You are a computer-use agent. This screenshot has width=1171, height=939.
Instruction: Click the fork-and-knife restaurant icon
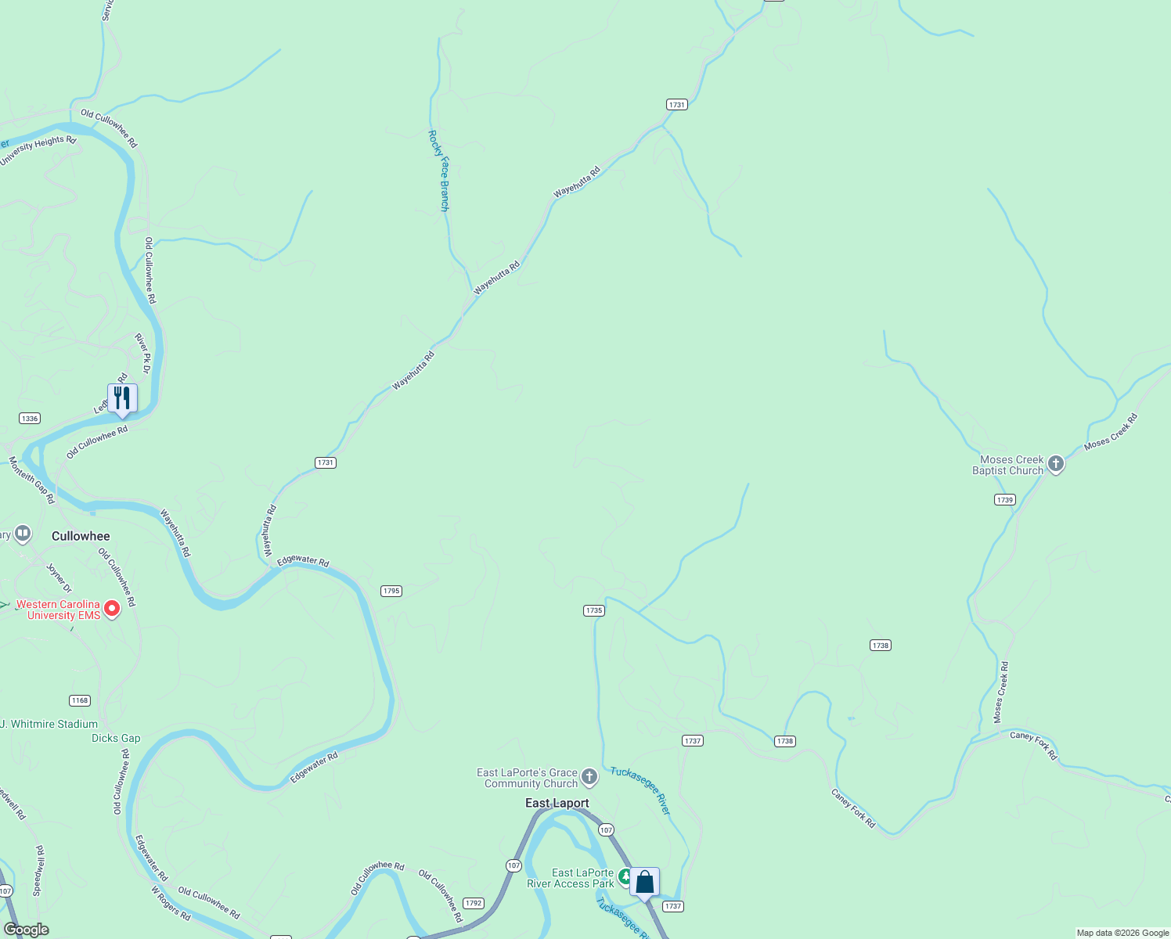point(122,398)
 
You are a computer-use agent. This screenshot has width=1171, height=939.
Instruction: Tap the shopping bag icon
point(644,883)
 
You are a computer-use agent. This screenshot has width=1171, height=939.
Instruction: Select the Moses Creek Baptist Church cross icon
point(1055,465)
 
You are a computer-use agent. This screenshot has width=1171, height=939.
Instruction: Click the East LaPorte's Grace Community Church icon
point(589,778)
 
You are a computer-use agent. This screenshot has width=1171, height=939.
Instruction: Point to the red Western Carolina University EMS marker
point(112,609)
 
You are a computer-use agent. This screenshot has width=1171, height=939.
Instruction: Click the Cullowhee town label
point(81,536)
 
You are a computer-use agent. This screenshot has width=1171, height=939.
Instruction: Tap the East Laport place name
point(557,803)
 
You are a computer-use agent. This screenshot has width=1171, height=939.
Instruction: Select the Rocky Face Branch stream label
point(438,171)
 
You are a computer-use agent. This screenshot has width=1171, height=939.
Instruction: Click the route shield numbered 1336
point(30,419)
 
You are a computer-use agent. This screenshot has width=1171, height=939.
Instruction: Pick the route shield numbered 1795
point(391,591)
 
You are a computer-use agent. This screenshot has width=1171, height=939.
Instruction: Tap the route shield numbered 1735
point(594,610)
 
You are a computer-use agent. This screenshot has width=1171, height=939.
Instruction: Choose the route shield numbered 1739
point(1005,499)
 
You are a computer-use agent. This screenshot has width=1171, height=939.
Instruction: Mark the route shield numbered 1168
point(80,700)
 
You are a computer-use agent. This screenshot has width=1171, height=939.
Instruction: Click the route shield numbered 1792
point(474,903)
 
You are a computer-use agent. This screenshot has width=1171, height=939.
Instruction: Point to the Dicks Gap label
point(116,738)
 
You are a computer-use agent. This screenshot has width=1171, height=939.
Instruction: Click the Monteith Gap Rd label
point(31,480)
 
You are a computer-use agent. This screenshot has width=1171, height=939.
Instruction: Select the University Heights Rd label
point(38,150)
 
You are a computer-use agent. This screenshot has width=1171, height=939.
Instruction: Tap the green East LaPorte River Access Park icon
point(625,876)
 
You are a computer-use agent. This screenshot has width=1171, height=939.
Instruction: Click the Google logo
point(27,930)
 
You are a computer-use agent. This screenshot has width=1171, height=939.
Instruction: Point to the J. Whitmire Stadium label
point(49,724)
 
